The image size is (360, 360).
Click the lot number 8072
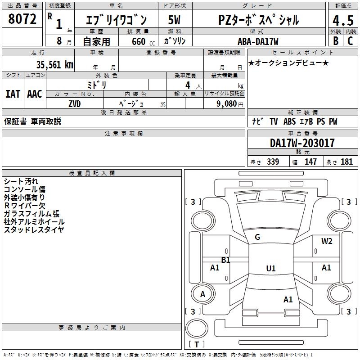coord(22,19)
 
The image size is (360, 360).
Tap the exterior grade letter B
coord(335,41)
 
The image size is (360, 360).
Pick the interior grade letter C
coord(350,41)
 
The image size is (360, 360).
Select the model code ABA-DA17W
coord(258,41)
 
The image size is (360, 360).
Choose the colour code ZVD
coord(75,103)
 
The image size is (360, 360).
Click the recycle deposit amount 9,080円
coord(230,103)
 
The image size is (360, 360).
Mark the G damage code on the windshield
coord(257,237)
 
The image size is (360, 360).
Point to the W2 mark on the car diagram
coord(327,241)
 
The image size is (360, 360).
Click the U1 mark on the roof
coord(270,269)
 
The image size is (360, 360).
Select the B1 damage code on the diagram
coord(225,260)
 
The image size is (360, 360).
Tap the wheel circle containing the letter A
coord(202,294)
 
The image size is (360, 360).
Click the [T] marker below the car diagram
coord(197,345)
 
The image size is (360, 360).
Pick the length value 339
coord(273,162)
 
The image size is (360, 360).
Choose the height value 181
coord(346,162)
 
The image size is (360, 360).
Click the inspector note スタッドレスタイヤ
coord(34,230)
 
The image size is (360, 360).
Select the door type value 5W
coord(174,20)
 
